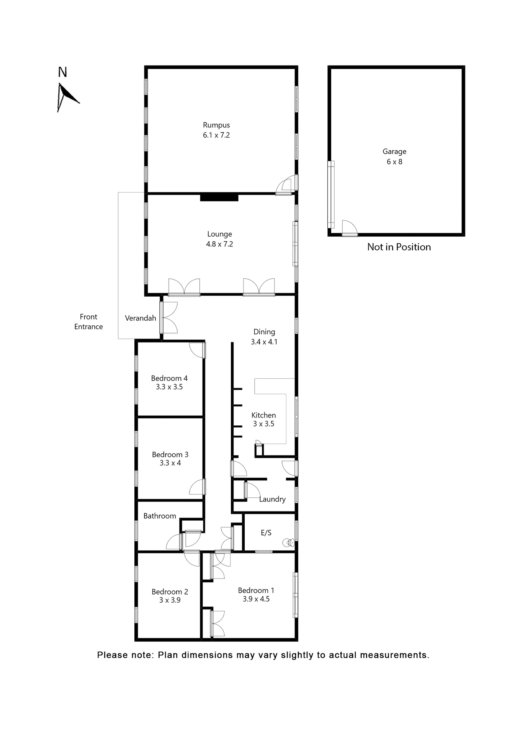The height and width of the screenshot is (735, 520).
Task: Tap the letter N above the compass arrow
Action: (62, 72)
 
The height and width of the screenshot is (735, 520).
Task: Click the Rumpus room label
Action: (216, 125)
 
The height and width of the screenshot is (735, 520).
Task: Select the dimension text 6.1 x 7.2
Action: (216, 135)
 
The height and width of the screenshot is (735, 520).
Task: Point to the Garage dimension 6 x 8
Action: (394, 162)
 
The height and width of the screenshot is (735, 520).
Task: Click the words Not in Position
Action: (399, 247)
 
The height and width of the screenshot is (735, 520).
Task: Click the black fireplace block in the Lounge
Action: (219, 198)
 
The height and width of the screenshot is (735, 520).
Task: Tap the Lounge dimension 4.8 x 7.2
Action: (219, 244)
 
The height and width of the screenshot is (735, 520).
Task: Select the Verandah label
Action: (141, 318)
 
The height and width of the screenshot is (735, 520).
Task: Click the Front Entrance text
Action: (88, 322)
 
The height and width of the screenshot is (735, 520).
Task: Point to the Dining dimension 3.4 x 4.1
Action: (264, 342)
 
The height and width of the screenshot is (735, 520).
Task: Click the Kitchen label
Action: (263, 415)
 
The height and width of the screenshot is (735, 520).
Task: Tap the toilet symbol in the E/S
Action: (288, 542)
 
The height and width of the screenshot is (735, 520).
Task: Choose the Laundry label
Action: (272, 499)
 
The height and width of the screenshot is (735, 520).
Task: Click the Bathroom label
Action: (160, 516)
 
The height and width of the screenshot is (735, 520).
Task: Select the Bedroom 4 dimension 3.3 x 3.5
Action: (169, 387)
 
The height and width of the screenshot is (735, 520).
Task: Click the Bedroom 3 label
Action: (170, 454)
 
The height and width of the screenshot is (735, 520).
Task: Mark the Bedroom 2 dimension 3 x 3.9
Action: (170, 600)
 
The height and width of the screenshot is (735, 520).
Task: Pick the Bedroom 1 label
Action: (256, 590)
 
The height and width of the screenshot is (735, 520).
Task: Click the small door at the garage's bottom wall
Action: (349, 229)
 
